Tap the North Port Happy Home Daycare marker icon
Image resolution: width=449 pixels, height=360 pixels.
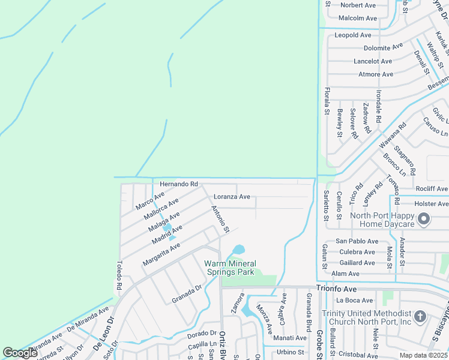424,219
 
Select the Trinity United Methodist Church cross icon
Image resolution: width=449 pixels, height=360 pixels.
420,317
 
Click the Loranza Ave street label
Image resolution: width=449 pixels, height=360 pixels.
232,196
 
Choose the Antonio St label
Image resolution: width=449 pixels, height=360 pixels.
220,220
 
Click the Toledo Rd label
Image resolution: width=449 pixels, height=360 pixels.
119,275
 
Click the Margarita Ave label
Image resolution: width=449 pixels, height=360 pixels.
161,255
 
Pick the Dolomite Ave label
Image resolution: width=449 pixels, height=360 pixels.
383,47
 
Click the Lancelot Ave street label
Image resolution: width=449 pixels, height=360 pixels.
373,61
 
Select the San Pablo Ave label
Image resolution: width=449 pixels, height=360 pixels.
355,241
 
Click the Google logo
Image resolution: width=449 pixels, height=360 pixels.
20,353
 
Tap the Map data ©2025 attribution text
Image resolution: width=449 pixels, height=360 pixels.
424,355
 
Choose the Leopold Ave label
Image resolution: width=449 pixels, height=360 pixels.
354,35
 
